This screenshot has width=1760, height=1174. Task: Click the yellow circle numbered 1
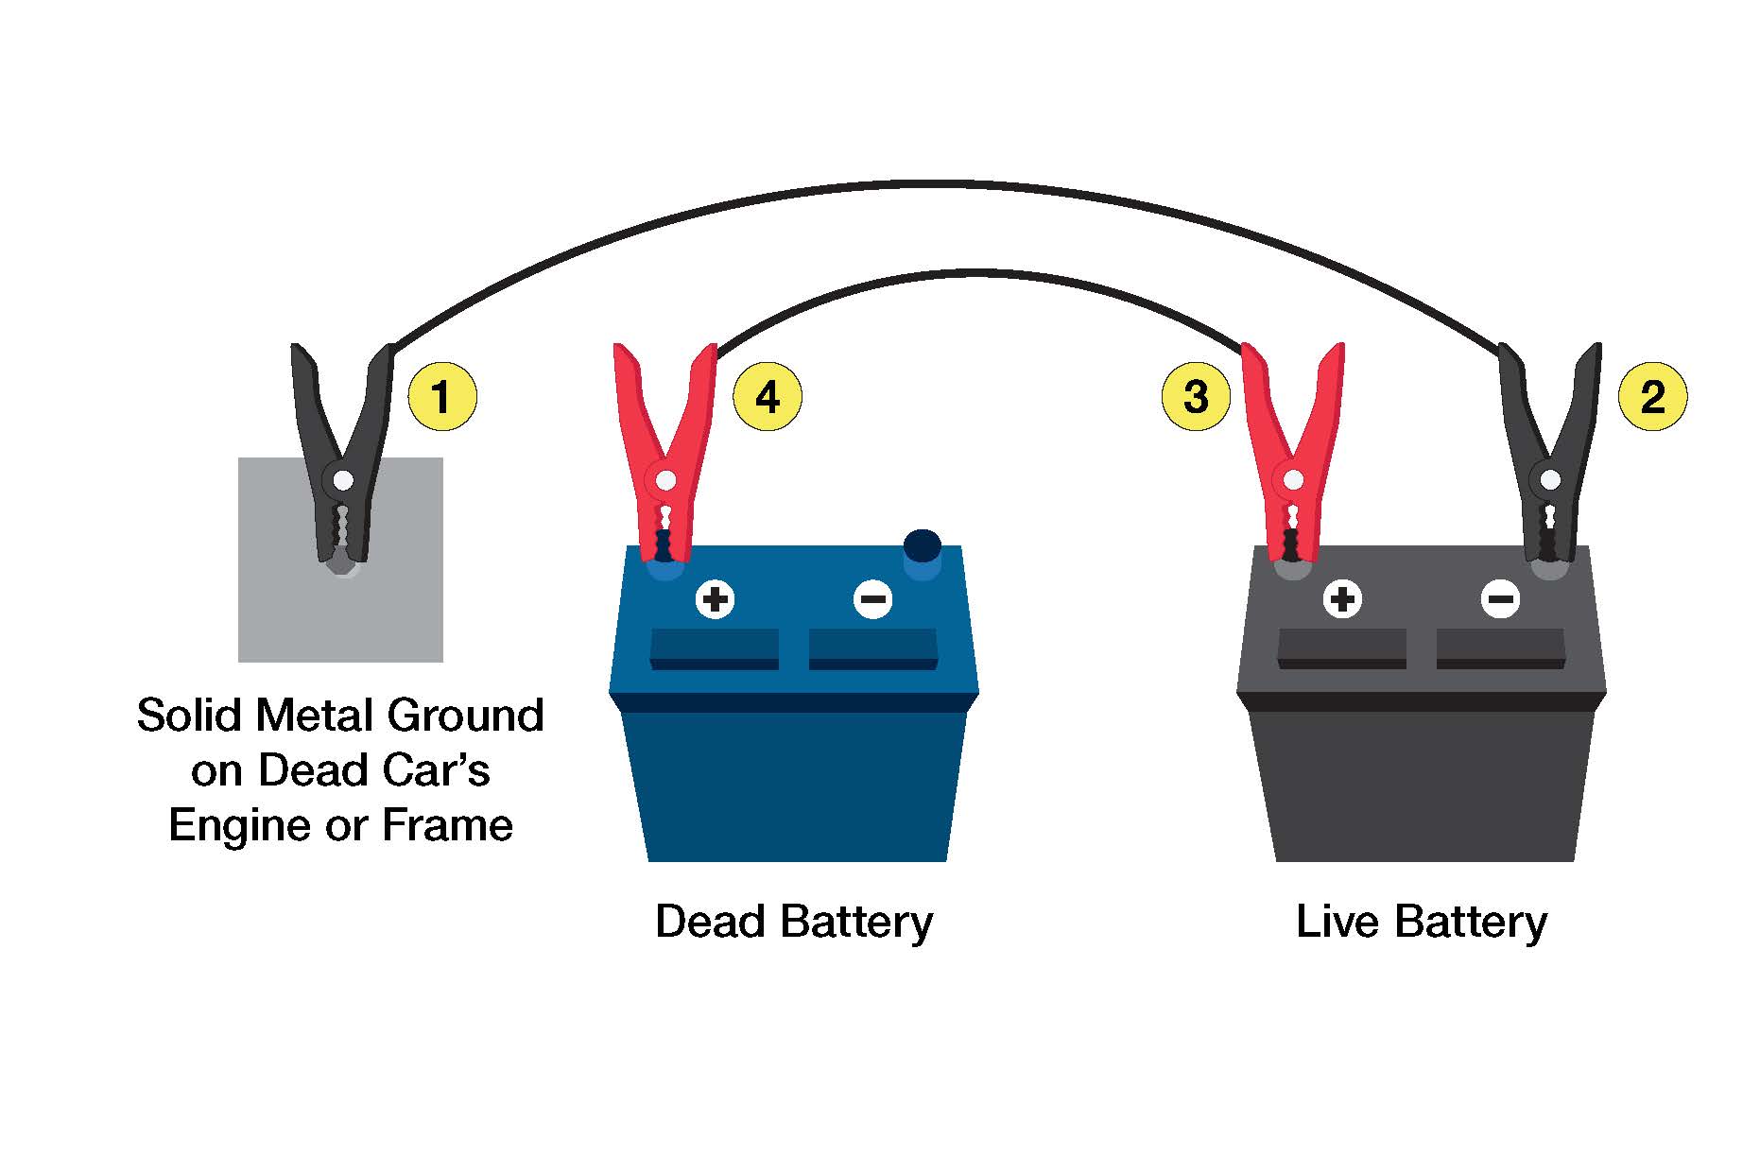pyautogui.click(x=441, y=396)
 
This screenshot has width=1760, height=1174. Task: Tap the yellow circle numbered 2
pyautogui.click(x=1652, y=396)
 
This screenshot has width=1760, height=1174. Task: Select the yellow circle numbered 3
pyautogui.click(x=1196, y=396)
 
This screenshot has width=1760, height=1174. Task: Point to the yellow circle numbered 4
pyautogui.click(x=768, y=396)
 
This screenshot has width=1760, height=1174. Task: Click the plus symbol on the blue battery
pyautogui.click(x=716, y=599)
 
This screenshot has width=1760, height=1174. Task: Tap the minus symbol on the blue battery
pyautogui.click(x=872, y=599)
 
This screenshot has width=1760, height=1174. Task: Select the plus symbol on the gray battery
pyautogui.click(x=1342, y=599)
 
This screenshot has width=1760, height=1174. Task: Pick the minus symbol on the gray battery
pyautogui.click(x=1500, y=599)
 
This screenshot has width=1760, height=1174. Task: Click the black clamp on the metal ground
pyautogui.click(x=342, y=454)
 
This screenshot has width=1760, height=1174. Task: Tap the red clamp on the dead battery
pyautogui.click(x=665, y=454)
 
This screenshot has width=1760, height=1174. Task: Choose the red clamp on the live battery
pyautogui.click(x=1292, y=454)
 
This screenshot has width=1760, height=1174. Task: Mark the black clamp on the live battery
pyautogui.click(x=1550, y=454)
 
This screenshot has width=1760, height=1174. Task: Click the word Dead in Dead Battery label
pyautogui.click(x=710, y=922)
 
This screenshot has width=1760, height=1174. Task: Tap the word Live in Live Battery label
pyautogui.click(x=1336, y=922)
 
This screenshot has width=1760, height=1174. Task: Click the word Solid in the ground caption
pyautogui.click(x=189, y=716)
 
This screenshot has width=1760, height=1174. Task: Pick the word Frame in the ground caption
pyautogui.click(x=447, y=825)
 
